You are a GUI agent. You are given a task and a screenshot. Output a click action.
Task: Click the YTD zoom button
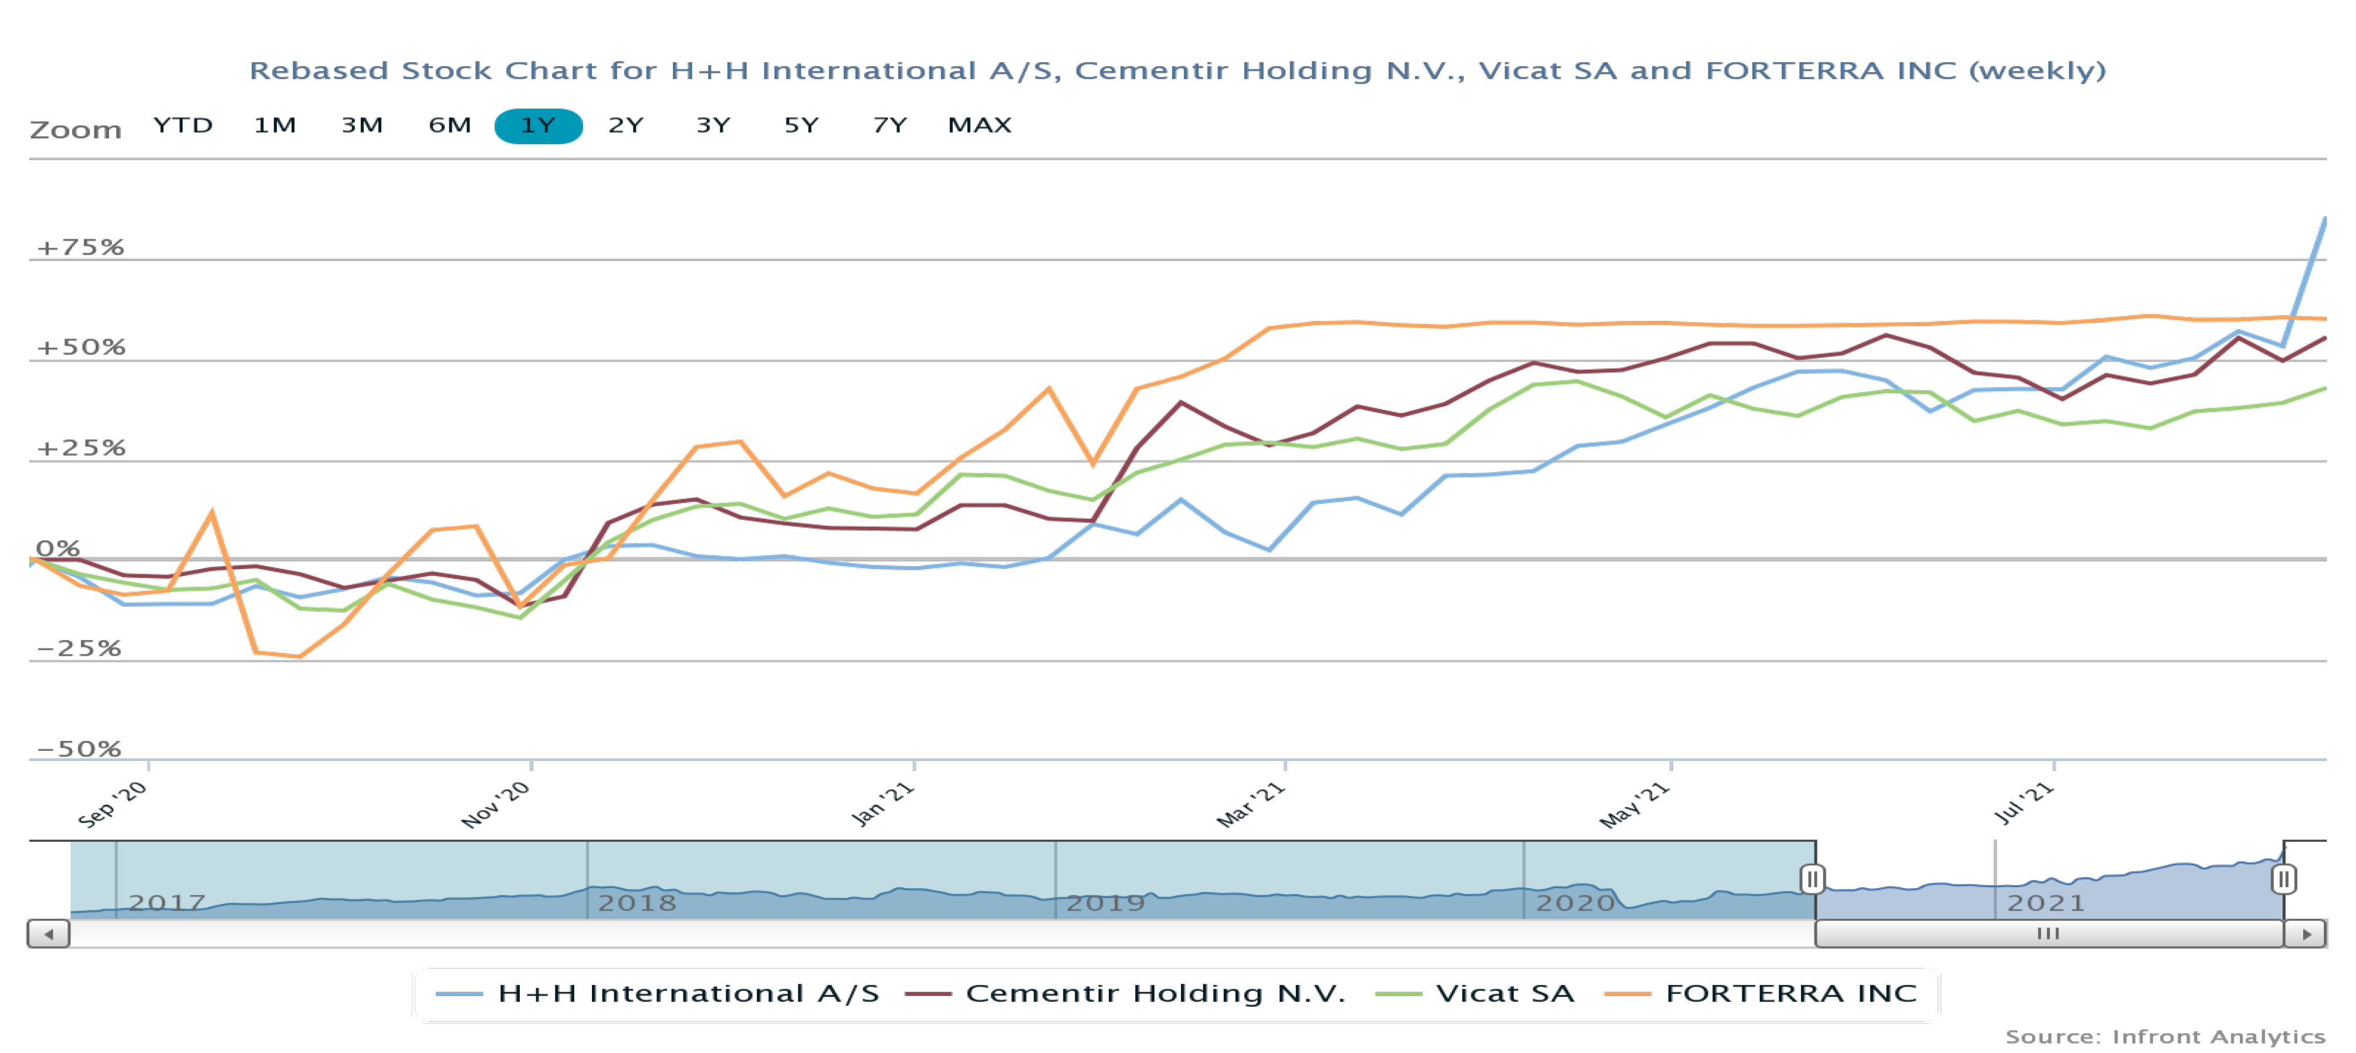(x=183, y=126)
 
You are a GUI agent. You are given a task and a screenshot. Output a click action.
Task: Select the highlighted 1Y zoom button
(x=538, y=126)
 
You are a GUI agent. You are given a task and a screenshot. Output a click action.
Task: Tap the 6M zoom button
(x=450, y=126)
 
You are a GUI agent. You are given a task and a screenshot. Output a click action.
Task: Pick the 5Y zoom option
(x=801, y=126)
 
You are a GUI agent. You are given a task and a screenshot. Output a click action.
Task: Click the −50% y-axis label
(x=79, y=749)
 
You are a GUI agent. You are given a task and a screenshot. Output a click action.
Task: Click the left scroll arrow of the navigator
(x=49, y=934)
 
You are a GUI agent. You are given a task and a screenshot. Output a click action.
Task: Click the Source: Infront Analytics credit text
(x=2165, y=1037)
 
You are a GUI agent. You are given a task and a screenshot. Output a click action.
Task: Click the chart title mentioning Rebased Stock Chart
(x=1177, y=70)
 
